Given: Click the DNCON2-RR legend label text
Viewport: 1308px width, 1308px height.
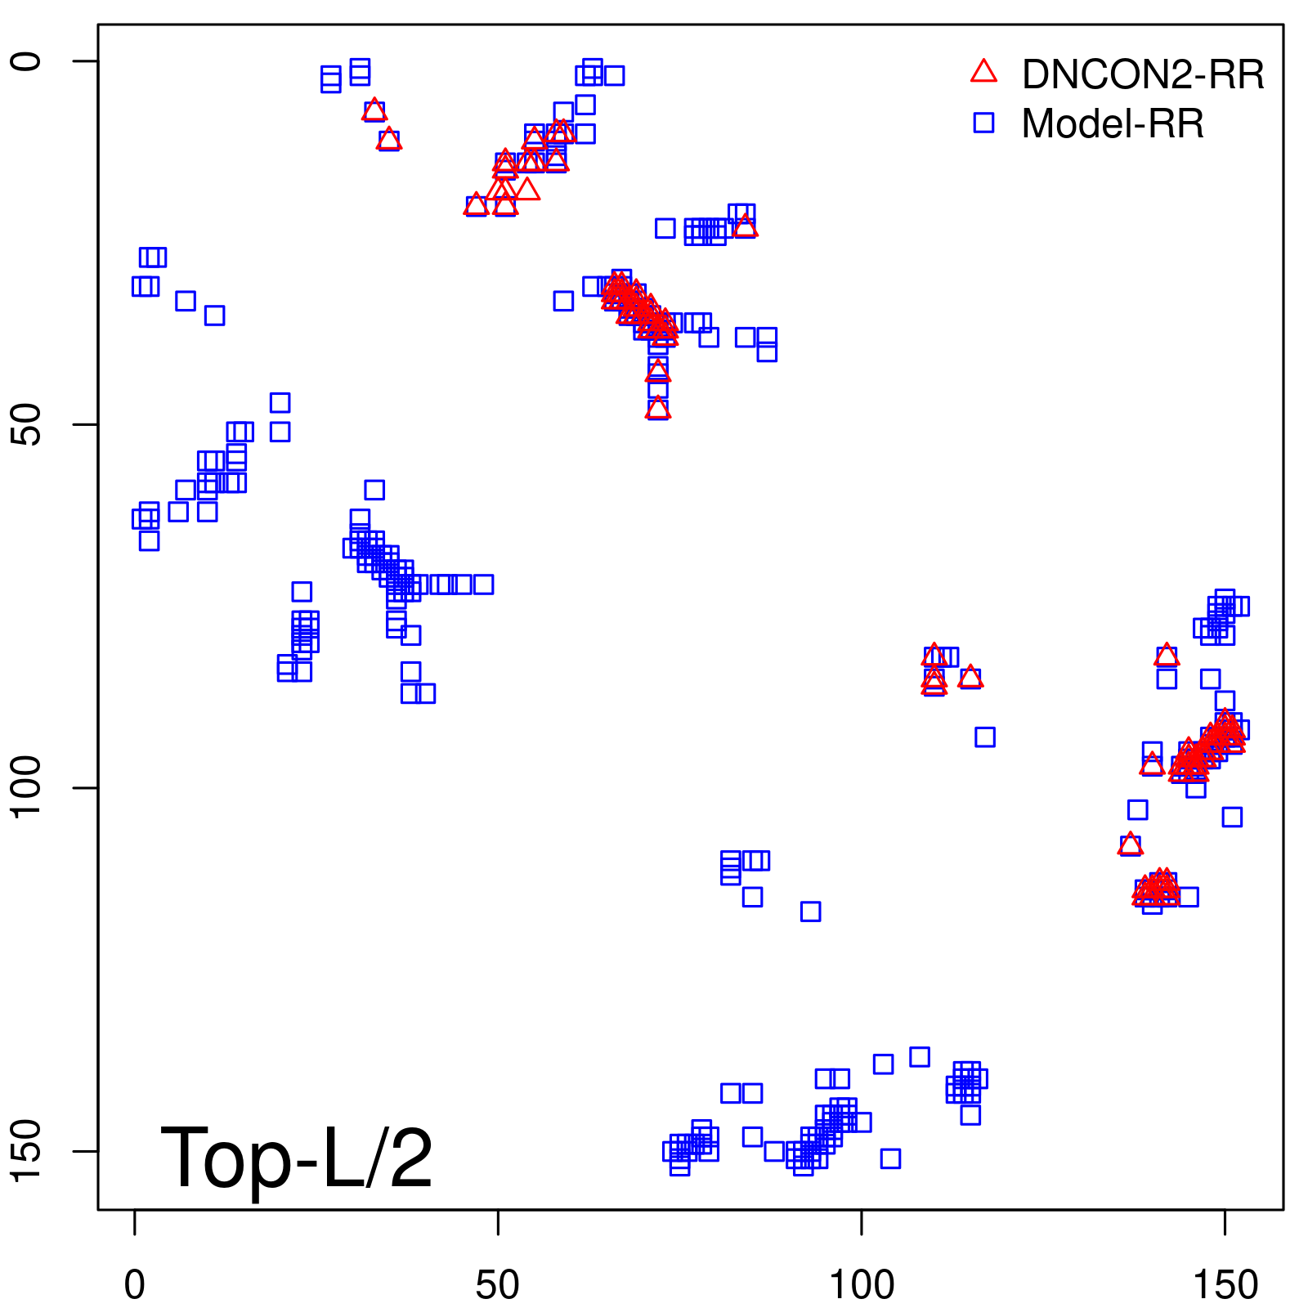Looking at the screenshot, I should (x=1143, y=75).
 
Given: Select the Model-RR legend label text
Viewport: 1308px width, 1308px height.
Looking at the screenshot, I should (x=1113, y=124).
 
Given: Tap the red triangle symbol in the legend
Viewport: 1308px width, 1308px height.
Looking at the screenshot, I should (x=983, y=72).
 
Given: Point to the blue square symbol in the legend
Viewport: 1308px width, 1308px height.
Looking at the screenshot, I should (x=983, y=123).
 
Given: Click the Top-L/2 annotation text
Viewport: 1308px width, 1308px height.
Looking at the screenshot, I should (x=297, y=1158).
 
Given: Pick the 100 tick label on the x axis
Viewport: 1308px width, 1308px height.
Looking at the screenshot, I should (x=861, y=1286).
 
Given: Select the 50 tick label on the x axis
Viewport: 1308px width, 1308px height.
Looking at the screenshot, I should (x=497, y=1286).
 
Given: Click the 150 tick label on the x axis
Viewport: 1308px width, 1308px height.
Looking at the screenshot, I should (x=1225, y=1286).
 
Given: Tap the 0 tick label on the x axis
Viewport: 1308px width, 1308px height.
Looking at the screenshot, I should (x=135, y=1286).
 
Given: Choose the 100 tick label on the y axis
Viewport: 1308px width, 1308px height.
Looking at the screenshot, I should (x=26, y=787).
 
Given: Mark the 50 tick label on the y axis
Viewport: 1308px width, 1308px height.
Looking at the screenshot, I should (x=26, y=424).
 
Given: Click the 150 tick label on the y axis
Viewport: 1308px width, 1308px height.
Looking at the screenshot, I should (x=26, y=1151).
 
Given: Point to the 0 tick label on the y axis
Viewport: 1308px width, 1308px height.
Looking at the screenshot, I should (x=26, y=61).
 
